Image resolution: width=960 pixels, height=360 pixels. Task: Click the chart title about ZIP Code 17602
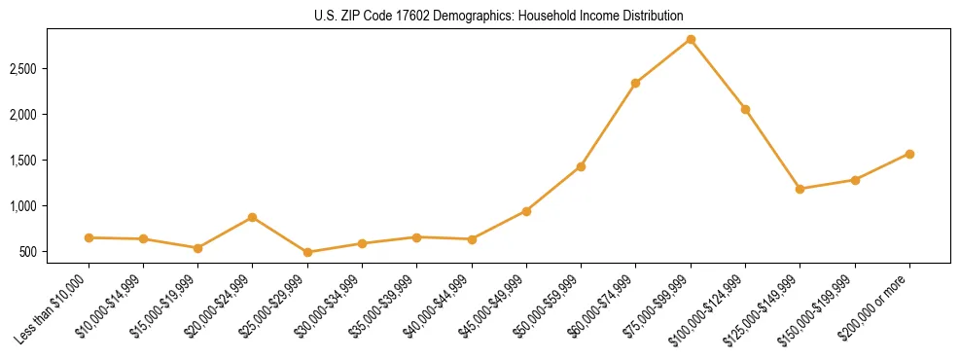(x=499, y=16)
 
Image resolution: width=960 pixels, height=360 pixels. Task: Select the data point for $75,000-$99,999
(x=691, y=40)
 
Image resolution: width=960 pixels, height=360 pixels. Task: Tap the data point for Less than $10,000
(x=89, y=237)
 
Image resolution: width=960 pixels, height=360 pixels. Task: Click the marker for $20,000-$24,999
(x=253, y=217)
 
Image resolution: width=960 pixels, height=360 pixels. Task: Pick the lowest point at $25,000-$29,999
(x=307, y=252)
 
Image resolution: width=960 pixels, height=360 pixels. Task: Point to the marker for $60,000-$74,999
(x=635, y=84)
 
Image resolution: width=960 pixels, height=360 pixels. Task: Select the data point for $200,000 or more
(x=909, y=154)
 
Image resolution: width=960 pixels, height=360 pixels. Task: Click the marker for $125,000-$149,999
(x=800, y=189)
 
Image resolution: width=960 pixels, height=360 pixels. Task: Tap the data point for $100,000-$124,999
(x=745, y=109)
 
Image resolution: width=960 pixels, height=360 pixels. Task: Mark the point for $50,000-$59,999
(x=581, y=166)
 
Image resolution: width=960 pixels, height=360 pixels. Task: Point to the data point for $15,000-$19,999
(x=197, y=248)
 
